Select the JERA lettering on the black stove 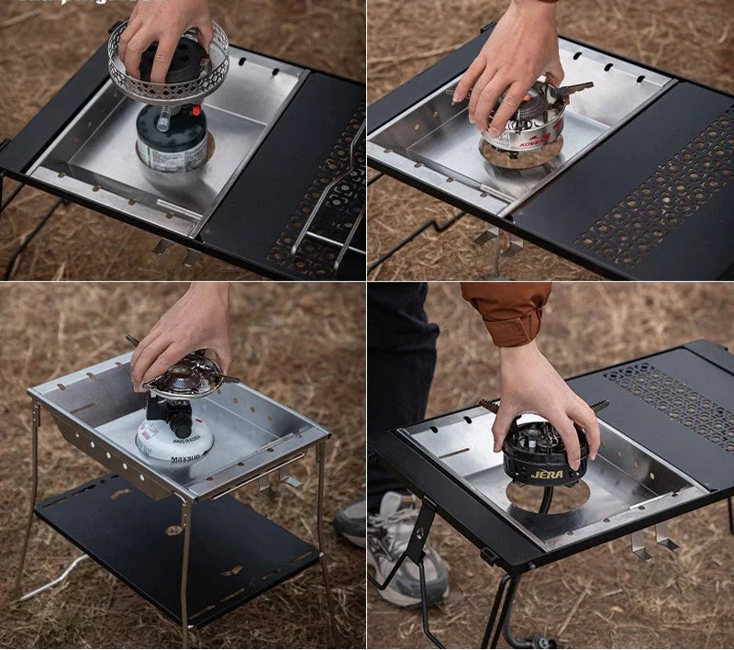click(547, 475)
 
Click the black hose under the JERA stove click(546, 500)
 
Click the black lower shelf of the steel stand click(174, 551)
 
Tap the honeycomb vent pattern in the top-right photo click(661, 193)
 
